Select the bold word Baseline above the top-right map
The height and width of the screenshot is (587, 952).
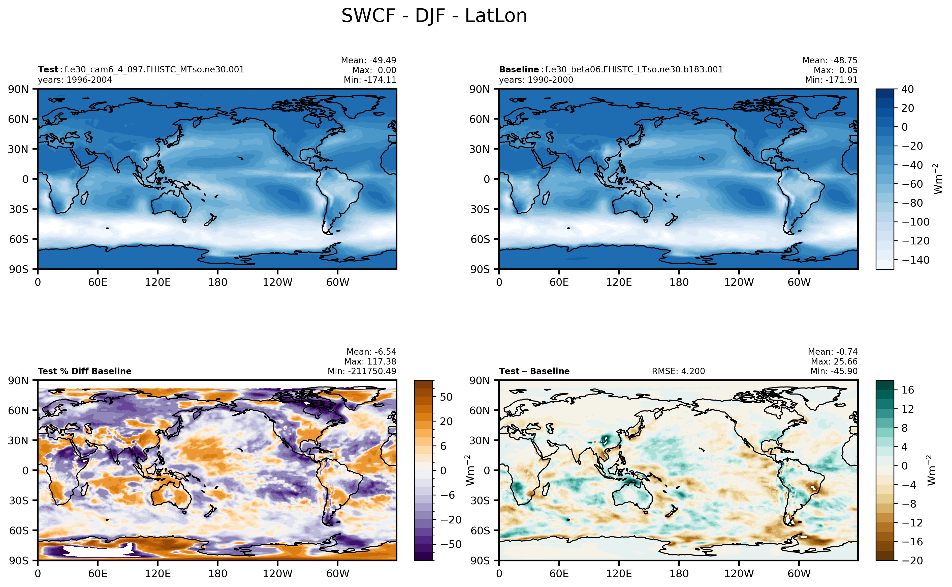pos(519,69)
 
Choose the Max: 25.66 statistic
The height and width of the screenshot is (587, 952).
pos(834,361)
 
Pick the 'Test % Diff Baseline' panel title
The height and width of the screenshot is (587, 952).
pos(84,371)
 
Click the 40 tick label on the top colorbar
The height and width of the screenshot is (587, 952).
pos(907,89)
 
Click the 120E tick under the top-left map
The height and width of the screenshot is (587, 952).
pos(157,282)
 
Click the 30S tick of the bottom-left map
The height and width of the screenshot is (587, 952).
pos(19,500)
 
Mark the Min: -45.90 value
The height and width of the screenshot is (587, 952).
pos(834,371)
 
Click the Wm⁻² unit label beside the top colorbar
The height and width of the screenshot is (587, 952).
pos(938,179)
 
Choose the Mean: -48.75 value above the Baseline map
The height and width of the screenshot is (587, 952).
pos(830,60)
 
